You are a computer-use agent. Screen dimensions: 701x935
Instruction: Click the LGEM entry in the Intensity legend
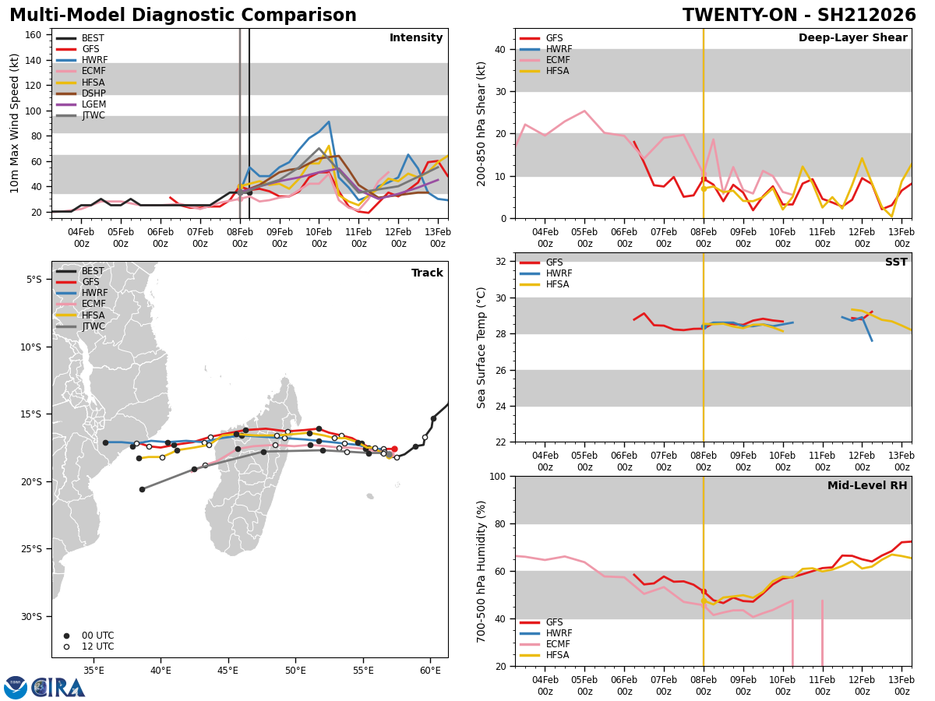pos(93,104)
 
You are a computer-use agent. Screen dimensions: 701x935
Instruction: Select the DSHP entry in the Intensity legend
pos(93,93)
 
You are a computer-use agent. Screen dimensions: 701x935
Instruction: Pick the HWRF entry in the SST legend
pos(559,273)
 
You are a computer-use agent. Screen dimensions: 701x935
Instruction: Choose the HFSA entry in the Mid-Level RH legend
pos(558,655)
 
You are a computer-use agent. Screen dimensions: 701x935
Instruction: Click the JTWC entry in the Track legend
pos(93,326)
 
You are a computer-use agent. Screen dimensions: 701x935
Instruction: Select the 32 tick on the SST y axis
pos(503,261)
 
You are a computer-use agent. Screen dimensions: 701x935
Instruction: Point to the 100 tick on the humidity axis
pos(499,476)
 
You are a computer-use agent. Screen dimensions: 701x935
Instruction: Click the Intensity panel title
pos(415,38)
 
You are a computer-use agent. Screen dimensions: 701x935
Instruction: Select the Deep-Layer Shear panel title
pos(852,38)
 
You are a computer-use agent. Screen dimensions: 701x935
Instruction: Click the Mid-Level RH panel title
pos(866,486)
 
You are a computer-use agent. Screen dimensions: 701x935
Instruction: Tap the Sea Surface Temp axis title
pos(482,347)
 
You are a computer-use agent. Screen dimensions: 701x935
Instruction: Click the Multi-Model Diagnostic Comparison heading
pos(183,16)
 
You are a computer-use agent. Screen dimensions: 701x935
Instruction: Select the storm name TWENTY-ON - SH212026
pos(799,16)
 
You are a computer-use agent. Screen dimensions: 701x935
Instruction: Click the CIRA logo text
pos(59,687)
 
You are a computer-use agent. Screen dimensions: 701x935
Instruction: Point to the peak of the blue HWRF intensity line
pos(329,122)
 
